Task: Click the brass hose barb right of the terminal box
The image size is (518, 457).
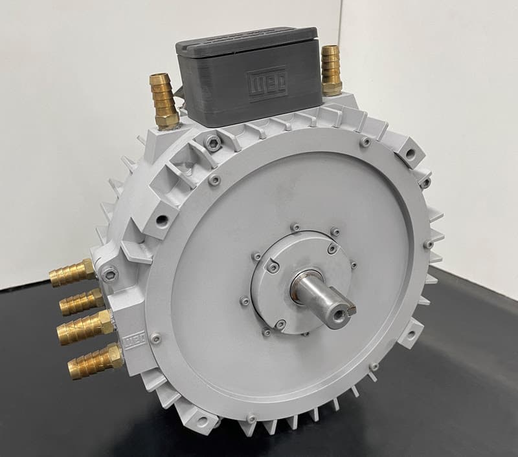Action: pyautogui.click(x=332, y=70)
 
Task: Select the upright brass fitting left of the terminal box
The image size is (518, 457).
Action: pyautogui.click(x=164, y=101)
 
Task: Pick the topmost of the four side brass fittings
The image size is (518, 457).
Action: pyautogui.click(x=72, y=272)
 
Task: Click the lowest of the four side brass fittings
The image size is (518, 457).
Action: pyautogui.click(x=95, y=361)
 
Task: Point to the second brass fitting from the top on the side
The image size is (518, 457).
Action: pyautogui.click(x=82, y=301)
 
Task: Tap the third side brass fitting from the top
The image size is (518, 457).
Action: pyautogui.click(x=85, y=327)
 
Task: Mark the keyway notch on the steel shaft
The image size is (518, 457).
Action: pyautogui.click(x=351, y=309)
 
